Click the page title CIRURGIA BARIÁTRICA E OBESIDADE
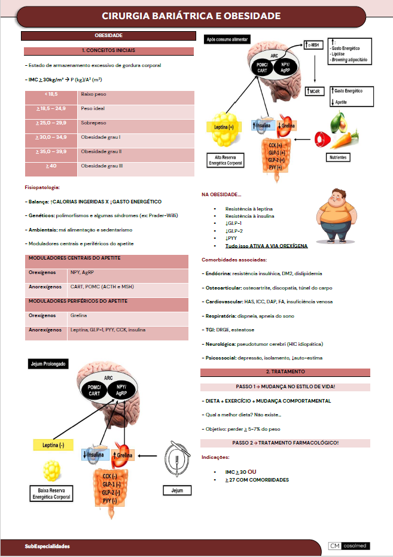(x=191, y=15)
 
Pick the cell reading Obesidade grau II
(x=102, y=151)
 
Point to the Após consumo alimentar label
(x=227, y=39)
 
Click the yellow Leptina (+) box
(x=223, y=127)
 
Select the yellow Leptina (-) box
(x=53, y=445)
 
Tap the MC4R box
(x=313, y=91)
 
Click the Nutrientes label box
(x=338, y=157)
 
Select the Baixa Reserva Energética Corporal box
(x=53, y=494)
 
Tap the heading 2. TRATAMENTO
(x=285, y=372)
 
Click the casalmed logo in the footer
(x=349, y=546)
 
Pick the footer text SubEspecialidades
(x=47, y=546)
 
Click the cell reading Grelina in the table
(x=78, y=315)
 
